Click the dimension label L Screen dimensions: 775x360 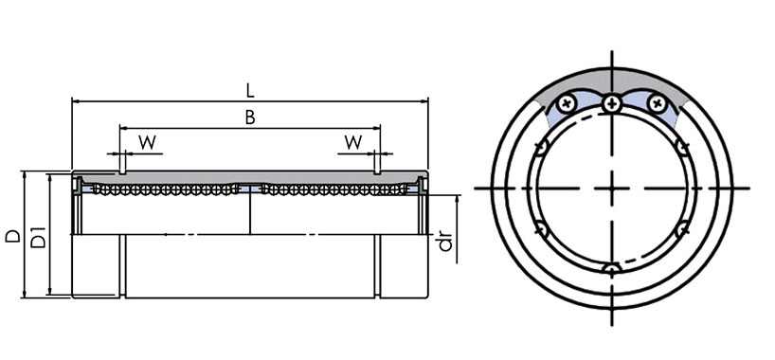[x=250, y=91]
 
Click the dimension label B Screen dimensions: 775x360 [x=250, y=117]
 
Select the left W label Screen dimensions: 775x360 [x=147, y=143]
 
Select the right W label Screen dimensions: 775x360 [x=352, y=142]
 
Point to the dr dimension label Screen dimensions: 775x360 [x=446, y=241]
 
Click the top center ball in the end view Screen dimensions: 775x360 [x=612, y=103]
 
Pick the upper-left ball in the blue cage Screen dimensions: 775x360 [x=567, y=104]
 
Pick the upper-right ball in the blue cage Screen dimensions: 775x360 [x=658, y=103]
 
